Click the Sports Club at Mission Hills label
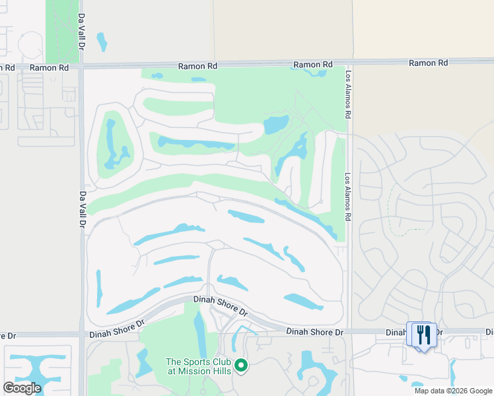[198, 366]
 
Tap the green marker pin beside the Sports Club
[241, 364]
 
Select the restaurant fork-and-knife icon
[423, 334]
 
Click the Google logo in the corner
[22, 387]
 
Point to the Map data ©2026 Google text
[454, 391]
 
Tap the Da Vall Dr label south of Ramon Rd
[83, 211]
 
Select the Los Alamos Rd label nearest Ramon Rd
[347, 95]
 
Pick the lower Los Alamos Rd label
[348, 197]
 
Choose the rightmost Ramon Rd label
[428, 63]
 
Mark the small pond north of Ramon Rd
[102, 42]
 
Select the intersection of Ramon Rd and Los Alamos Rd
[348, 63]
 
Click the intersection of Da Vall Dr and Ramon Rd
[81, 67]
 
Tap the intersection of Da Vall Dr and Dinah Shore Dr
[82, 334]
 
